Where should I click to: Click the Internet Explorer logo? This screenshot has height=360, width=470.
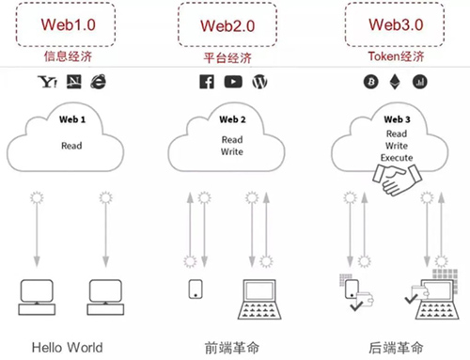99,83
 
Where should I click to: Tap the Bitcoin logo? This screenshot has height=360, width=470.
369,83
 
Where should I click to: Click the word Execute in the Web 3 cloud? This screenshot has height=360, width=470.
393,157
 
